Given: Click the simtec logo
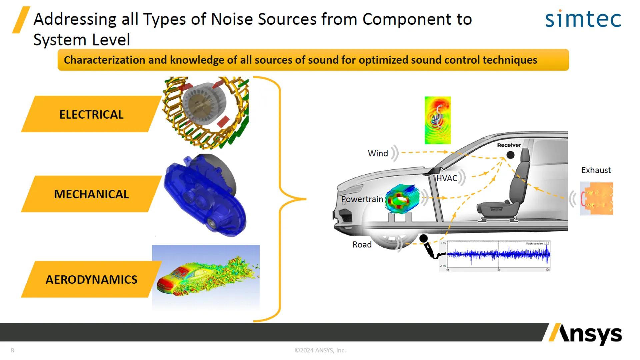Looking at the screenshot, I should click(x=583, y=19).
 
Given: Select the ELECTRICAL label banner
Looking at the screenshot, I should click(x=91, y=114).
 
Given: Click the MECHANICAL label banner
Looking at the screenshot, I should click(x=91, y=194).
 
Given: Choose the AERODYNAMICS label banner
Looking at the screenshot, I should click(x=91, y=279).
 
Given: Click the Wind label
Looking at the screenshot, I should click(x=378, y=153).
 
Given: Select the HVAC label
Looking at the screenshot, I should click(x=447, y=178).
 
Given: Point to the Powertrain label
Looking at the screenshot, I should click(x=362, y=199).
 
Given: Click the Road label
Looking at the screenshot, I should click(x=362, y=245).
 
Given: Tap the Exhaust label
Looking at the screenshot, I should click(x=596, y=170).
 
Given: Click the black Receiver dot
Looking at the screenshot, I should click(x=510, y=155).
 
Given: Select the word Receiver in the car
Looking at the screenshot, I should click(x=509, y=145).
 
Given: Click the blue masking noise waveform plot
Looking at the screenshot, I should click(x=498, y=255).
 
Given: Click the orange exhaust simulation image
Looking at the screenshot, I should click(x=597, y=198).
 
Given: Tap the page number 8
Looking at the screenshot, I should click(x=12, y=350).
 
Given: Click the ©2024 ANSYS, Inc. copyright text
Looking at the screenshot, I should click(x=320, y=350).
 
